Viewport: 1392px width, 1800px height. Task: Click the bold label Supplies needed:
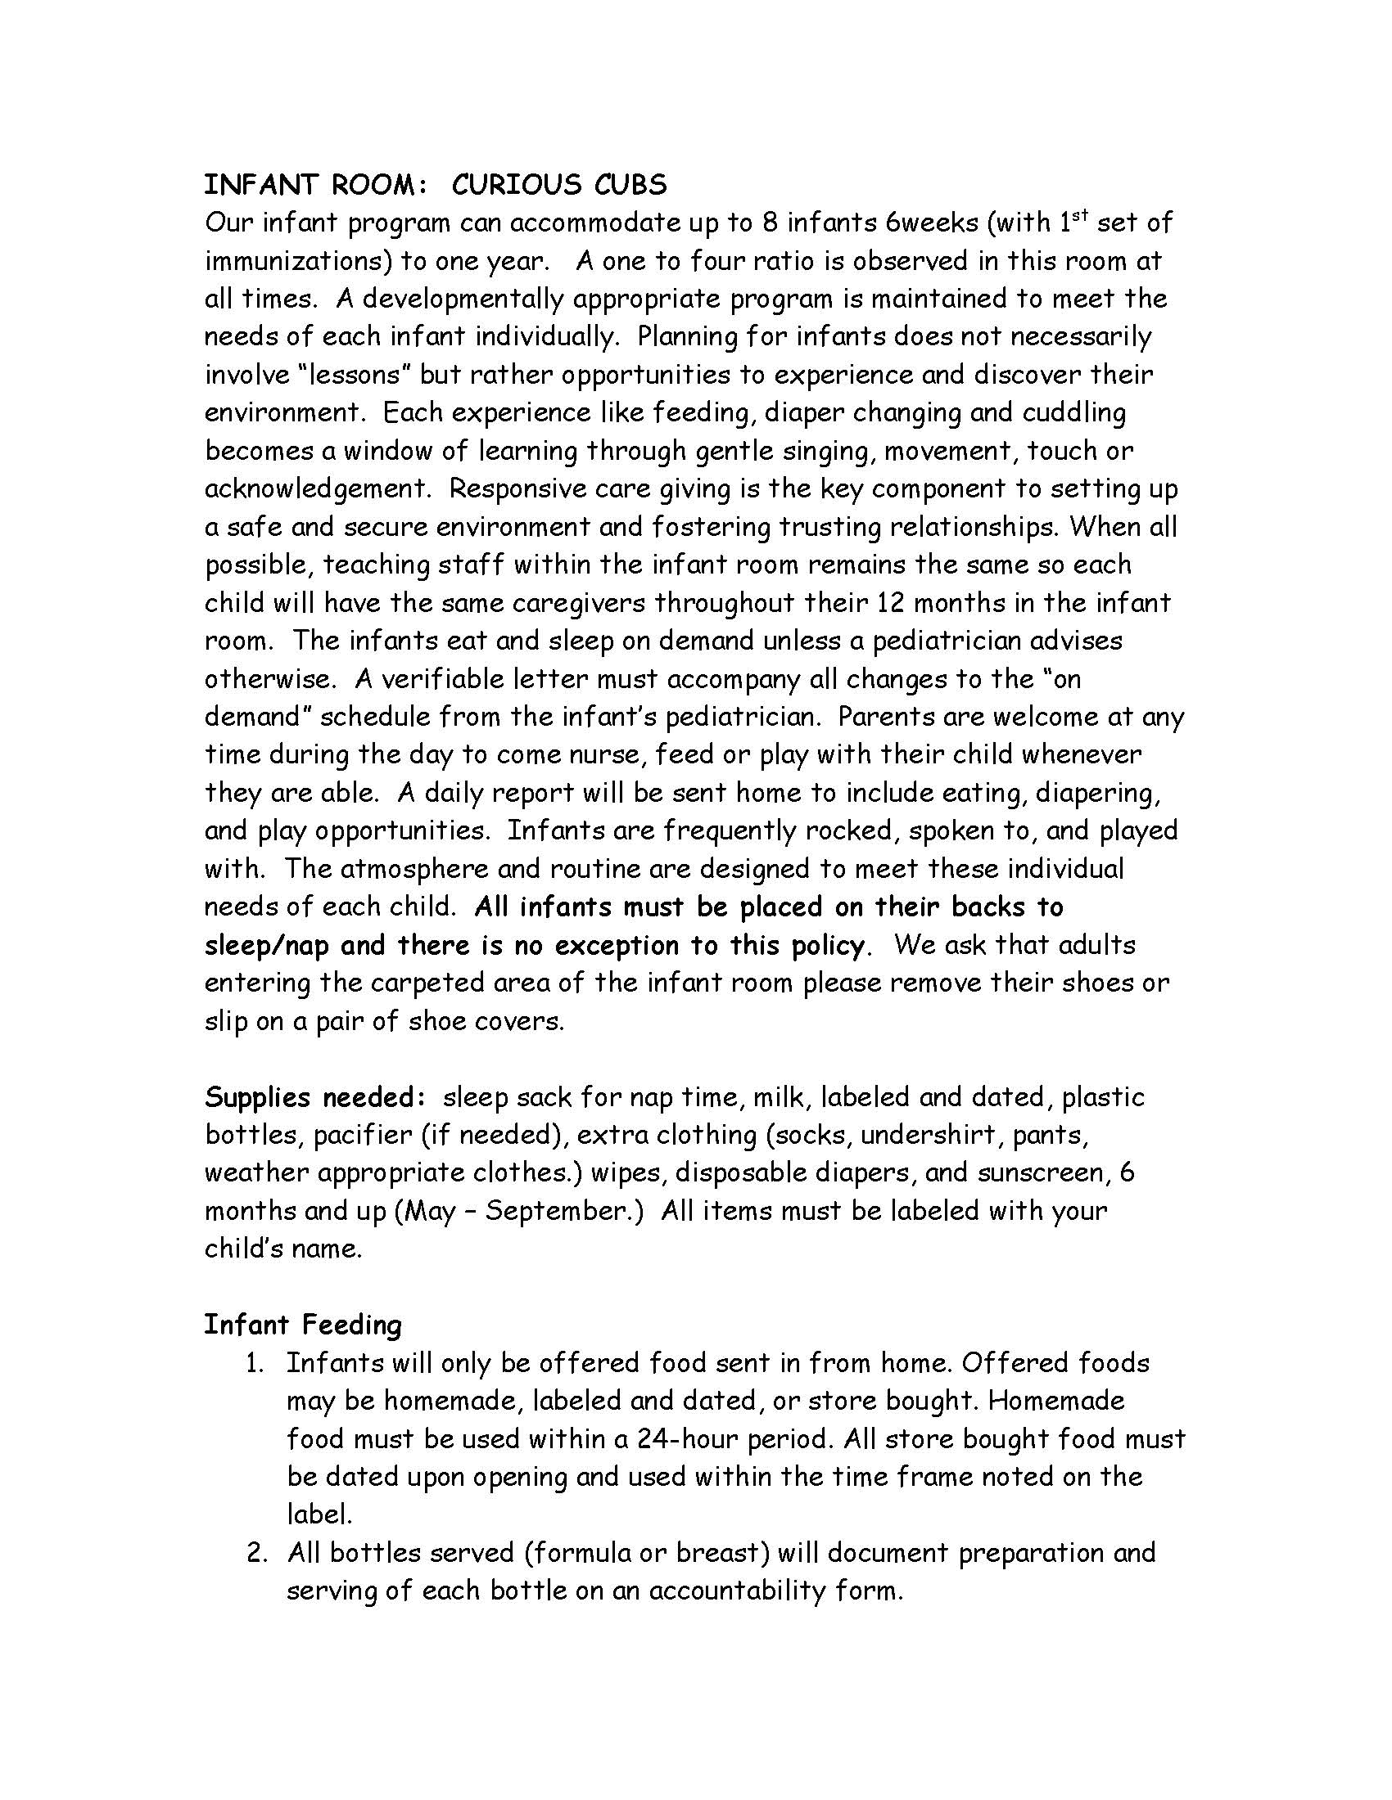pyautogui.click(x=314, y=1098)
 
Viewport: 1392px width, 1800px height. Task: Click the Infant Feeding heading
pyautogui.click(x=303, y=1325)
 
